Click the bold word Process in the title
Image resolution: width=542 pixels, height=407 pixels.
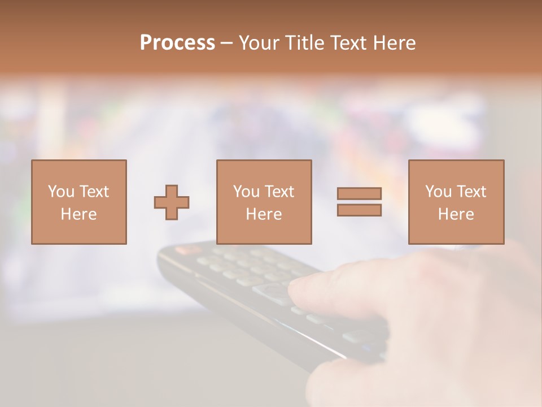177,43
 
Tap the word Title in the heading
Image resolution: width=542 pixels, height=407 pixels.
307,43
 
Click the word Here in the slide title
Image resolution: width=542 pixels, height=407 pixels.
395,43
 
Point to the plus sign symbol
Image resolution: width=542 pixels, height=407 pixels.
172,202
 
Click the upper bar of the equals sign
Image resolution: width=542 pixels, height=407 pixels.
359,193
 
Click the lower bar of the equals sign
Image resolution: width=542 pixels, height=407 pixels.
359,210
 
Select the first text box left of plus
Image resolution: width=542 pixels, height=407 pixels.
79,202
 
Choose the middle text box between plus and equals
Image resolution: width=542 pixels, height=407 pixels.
264,202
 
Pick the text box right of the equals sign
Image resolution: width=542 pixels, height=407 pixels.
456,202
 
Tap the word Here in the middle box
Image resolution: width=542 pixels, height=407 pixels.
264,214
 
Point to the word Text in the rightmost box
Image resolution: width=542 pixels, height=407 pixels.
470,192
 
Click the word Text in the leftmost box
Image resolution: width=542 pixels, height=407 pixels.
93,192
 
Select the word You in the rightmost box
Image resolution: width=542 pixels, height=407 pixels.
438,192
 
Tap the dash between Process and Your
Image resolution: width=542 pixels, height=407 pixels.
226,44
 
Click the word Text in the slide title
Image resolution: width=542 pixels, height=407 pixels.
348,43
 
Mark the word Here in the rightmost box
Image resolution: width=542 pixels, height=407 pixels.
456,214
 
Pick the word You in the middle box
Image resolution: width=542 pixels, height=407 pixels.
246,192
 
